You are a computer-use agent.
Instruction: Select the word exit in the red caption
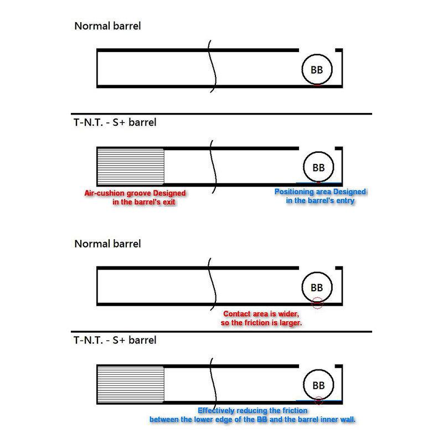click(168, 202)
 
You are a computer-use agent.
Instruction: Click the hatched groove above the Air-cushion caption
click(131, 167)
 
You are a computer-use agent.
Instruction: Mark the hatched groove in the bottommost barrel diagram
click(131, 384)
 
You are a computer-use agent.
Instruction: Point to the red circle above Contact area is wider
click(317, 303)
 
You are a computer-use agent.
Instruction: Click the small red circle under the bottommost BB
click(319, 400)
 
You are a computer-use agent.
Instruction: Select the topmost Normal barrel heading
click(107, 26)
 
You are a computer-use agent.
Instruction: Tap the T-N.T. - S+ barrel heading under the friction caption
click(115, 340)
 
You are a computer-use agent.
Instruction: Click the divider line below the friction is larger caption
click(221, 332)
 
